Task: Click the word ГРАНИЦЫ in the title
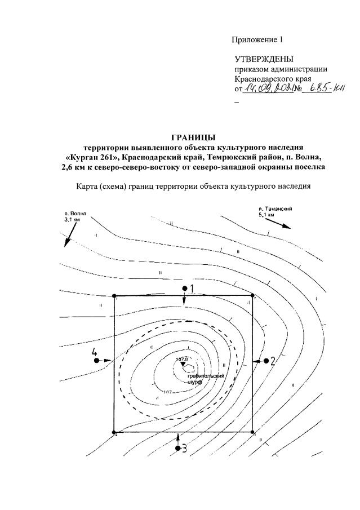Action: pyautogui.click(x=193, y=137)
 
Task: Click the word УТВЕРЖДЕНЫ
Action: pyautogui.click(x=264, y=59)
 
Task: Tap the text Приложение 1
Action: pyautogui.click(x=256, y=39)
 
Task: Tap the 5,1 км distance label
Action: pyautogui.click(x=266, y=215)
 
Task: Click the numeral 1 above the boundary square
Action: pyautogui.click(x=192, y=289)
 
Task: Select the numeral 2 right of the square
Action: pyautogui.click(x=272, y=361)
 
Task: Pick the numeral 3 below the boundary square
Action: pyautogui.click(x=184, y=449)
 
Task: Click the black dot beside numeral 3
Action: pyautogui.click(x=177, y=449)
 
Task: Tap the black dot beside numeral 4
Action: pyautogui.click(x=97, y=360)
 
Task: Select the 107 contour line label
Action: pyautogui.click(x=167, y=392)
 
